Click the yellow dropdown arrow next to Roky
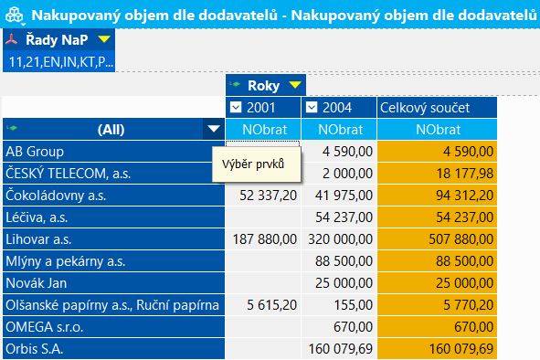click(295, 85)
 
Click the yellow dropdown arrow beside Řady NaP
click(104, 39)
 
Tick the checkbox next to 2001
click(236, 108)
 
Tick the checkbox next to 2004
click(312, 108)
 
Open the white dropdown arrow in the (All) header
click(214, 129)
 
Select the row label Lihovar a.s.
click(38, 239)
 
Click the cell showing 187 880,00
click(264, 239)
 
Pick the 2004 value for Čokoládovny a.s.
click(344, 196)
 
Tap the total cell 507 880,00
click(461, 239)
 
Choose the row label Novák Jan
click(37, 283)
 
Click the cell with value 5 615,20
click(271, 305)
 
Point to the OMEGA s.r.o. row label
click(45, 327)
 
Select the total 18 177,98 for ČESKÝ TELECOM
click(465, 174)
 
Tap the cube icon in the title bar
click(15, 16)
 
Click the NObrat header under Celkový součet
click(438, 130)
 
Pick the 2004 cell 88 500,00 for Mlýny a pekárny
click(344, 261)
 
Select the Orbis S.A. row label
click(35, 349)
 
